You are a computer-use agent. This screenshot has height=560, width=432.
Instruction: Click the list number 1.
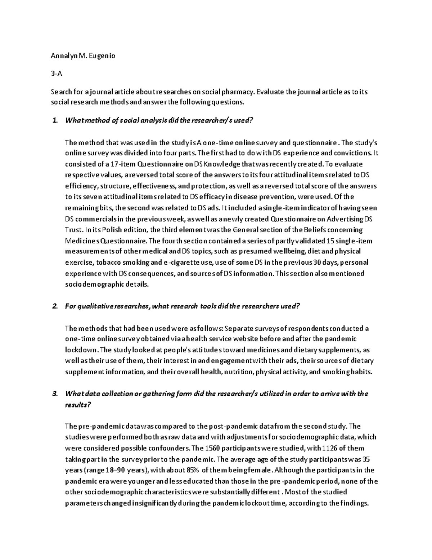click(55, 120)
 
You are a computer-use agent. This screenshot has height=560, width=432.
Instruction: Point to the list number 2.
click(55, 307)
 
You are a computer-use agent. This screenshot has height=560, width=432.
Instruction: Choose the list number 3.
click(55, 394)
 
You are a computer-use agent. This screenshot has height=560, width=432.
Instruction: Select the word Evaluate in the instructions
click(271, 92)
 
